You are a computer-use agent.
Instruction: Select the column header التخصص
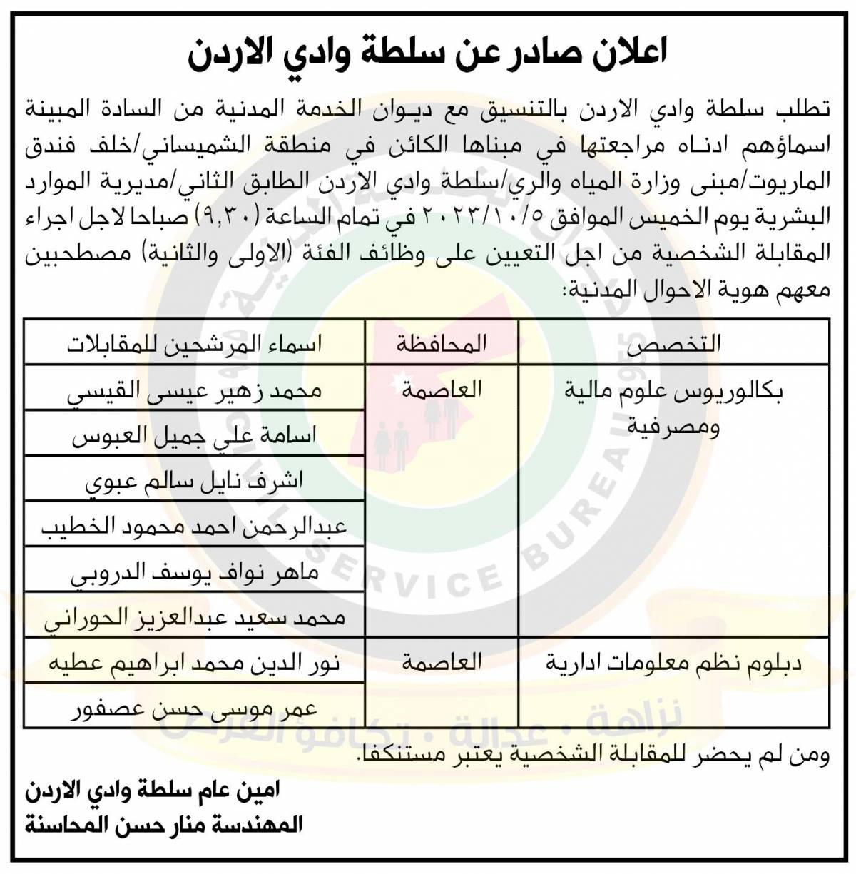tap(673, 343)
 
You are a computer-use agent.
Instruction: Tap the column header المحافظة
tap(442, 343)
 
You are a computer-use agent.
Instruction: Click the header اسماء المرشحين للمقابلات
tap(194, 343)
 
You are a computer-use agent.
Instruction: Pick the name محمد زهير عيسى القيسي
tap(194, 390)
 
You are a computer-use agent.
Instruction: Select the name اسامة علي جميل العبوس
tap(194, 435)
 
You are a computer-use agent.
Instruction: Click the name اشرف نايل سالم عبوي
tap(194, 481)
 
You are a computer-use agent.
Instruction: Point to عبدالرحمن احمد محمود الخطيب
tap(194, 527)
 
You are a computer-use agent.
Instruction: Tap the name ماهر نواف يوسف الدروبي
tap(194, 572)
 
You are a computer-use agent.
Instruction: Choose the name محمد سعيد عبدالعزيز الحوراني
tap(194, 617)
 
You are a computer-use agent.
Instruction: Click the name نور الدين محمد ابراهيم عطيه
tap(194, 663)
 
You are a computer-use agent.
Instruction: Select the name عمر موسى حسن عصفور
tap(194, 708)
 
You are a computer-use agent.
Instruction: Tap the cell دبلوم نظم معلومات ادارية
tap(673, 664)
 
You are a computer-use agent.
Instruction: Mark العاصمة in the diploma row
tap(442, 663)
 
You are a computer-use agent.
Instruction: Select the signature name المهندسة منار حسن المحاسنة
tap(164, 825)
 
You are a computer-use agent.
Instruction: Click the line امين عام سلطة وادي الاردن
tap(153, 790)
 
